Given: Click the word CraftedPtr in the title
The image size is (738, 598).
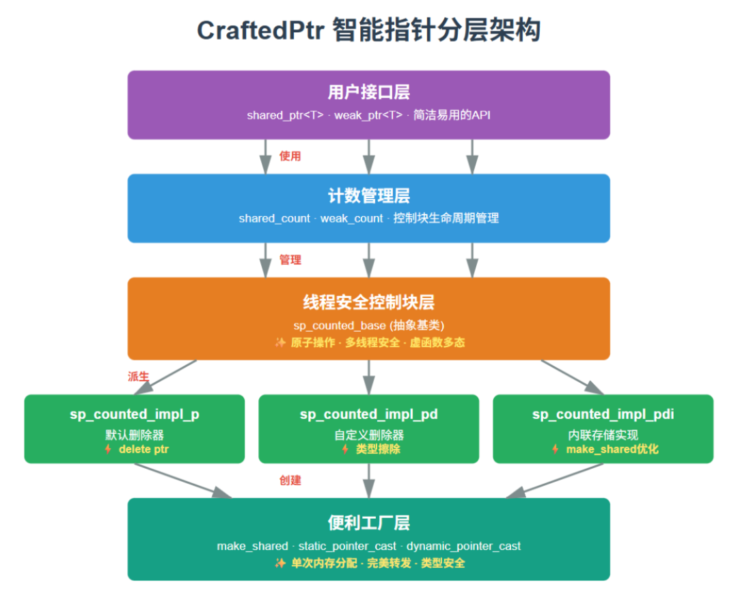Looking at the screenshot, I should tap(260, 31).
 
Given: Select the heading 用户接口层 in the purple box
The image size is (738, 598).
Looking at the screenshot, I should tap(368, 93).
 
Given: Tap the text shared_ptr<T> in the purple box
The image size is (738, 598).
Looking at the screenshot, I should tap(285, 115).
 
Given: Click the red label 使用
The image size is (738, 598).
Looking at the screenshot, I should tap(290, 157).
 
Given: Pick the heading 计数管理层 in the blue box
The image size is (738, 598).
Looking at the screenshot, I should tap(368, 196).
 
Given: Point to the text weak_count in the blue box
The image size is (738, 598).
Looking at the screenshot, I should tap(351, 219).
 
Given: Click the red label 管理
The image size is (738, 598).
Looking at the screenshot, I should tap(290, 260).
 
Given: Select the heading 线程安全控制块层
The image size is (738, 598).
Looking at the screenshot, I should tap(368, 302).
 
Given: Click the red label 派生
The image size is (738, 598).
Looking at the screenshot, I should tap(138, 377).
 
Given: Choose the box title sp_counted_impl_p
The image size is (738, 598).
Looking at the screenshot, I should tap(134, 414).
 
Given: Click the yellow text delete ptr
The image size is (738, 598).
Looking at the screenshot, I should tap(143, 450).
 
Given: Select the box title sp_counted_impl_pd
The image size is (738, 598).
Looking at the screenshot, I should tap(368, 414).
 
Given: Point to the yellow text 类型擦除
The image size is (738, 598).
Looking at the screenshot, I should tap(378, 450).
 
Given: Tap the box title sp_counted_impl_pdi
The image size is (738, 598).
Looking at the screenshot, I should tap(603, 414).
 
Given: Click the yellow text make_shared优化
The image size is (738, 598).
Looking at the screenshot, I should tap(612, 450).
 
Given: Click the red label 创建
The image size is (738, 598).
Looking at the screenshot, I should tap(290, 480).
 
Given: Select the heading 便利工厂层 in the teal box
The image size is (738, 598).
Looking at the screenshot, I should tap(368, 524).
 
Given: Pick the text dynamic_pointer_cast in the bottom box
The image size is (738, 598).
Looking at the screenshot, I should tap(463, 546).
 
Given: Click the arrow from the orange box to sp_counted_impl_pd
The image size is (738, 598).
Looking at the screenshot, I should tap(369, 377).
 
